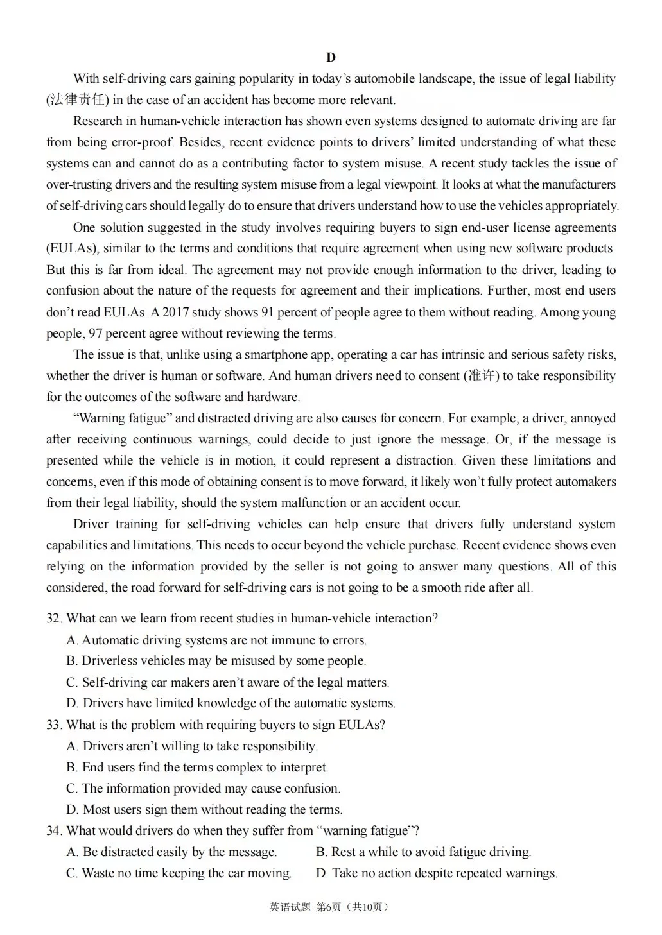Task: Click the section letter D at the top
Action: pyautogui.click(x=331, y=58)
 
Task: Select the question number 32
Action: pyautogui.click(x=54, y=619)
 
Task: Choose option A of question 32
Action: pyautogui.click(x=216, y=640)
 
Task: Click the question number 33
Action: pyautogui.click(x=54, y=725)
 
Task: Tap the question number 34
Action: pyautogui.click(x=54, y=831)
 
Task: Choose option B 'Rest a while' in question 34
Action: pyautogui.click(x=424, y=852)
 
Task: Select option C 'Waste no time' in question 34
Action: pyautogui.click(x=179, y=873)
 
